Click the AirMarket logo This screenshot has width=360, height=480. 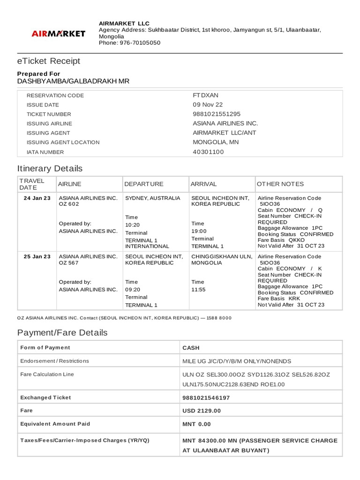(58, 33)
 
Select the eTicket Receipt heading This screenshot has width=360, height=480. (49, 61)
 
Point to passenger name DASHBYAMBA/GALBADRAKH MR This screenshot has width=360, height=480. (73, 81)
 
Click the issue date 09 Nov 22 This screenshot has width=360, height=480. (208, 105)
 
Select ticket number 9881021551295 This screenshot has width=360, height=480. (217, 114)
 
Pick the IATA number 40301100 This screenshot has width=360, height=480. (209, 152)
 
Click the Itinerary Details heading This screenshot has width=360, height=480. (50, 168)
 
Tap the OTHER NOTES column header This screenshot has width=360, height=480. (280, 184)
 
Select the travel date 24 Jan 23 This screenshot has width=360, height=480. (37, 198)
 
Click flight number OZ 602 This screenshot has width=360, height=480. (69, 204)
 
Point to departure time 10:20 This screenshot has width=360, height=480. (133, 225)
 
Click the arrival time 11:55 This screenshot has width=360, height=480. (198, 290)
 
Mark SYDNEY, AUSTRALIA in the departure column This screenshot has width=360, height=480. (152, 198)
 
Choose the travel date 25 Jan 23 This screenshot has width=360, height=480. (37, 256)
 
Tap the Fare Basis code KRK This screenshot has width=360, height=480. (294, 298)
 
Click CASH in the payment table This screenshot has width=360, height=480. (191, 348)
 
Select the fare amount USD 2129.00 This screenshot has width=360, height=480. (202, 411)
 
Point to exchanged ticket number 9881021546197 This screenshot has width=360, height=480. (206, 397)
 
